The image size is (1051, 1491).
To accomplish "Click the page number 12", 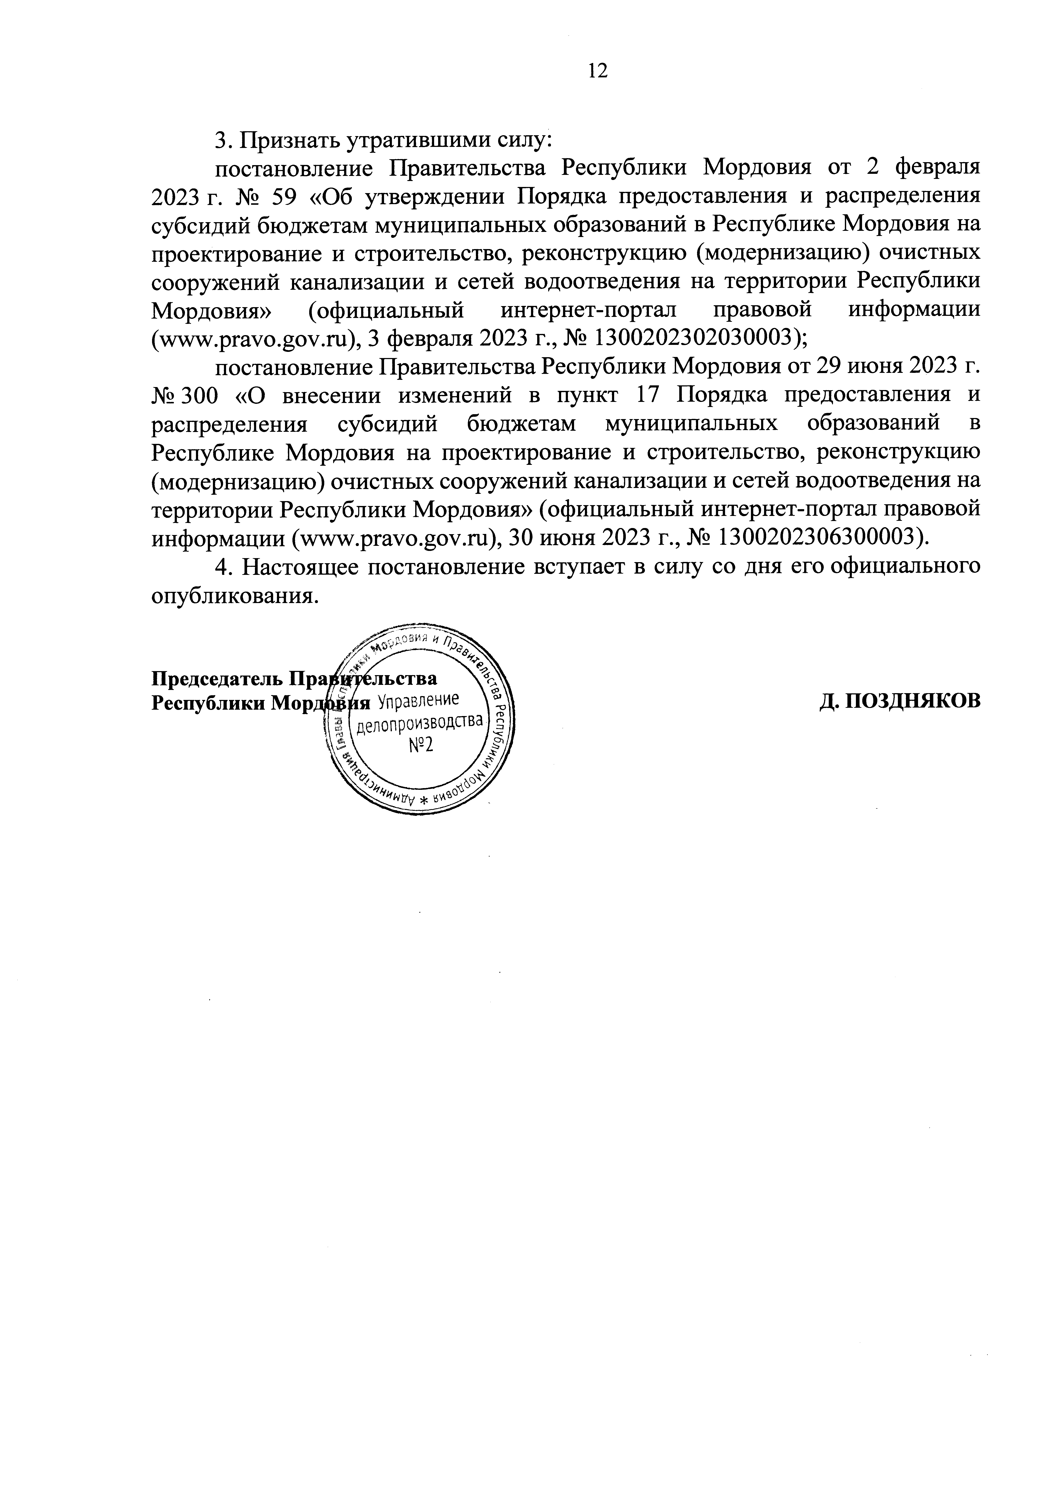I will (x=597, y=71).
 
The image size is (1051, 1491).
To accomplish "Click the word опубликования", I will (x=235, y=595).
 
